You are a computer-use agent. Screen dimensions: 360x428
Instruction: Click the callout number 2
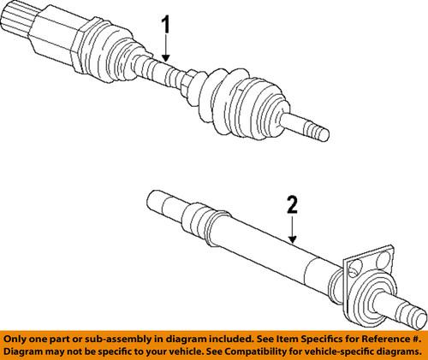pyautogui.click(x=293, y=205)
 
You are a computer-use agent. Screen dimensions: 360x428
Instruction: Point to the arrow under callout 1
pyautogui.click(x=165, y=52)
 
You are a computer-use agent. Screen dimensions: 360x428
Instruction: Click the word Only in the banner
pyautogui.click(x=20, y=336)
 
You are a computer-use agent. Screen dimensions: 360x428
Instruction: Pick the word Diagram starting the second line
pyautogui.click(x=27, y=350)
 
